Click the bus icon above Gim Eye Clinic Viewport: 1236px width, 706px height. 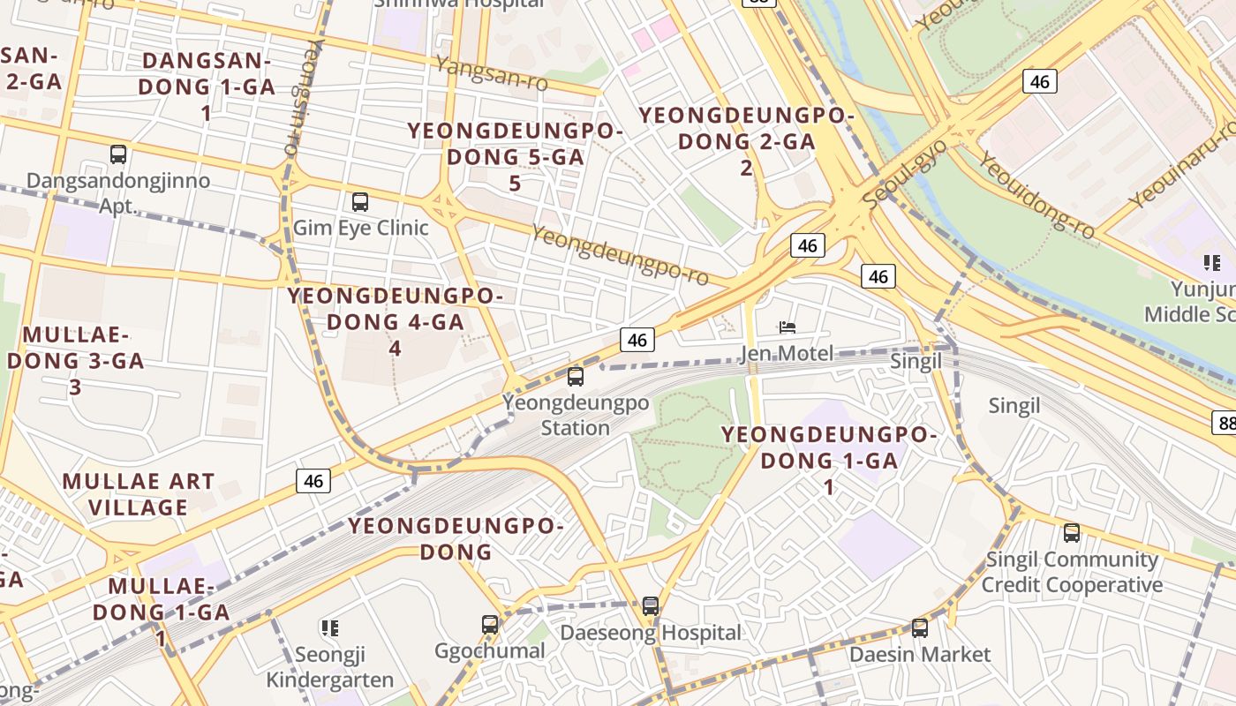tap(359, 201)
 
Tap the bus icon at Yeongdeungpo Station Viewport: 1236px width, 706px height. tap(576, 377)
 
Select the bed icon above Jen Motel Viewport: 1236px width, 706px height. tap(788, 327)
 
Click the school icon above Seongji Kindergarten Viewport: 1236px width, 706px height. tap(330, 628)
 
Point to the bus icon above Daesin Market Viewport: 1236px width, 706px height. tap(919, 628)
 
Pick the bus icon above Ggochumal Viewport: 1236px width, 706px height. tap(490, 625)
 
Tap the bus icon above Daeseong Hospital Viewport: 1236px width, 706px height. tap(651, 606)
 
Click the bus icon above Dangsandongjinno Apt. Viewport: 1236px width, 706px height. tap(118, 154)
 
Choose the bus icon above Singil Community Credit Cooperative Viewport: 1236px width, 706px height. tap(1071, 533)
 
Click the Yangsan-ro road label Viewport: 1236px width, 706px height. tap(491, 73)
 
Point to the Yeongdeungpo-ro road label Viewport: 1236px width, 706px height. tap(620, 254)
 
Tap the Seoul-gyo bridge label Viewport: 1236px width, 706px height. tap(904, 174)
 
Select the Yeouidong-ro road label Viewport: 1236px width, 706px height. tap(1036, 195)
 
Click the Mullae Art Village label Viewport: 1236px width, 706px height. tap(139, 494)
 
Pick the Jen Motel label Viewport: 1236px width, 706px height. tap(788, 354)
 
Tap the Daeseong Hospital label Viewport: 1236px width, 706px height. tap(651, 633)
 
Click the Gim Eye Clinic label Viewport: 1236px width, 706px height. tap(360, 228)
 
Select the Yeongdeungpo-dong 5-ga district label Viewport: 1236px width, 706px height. tap(515, 157)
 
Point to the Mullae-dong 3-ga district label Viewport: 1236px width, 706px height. tap(75, 360)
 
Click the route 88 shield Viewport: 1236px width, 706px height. tap(1224, 422)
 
